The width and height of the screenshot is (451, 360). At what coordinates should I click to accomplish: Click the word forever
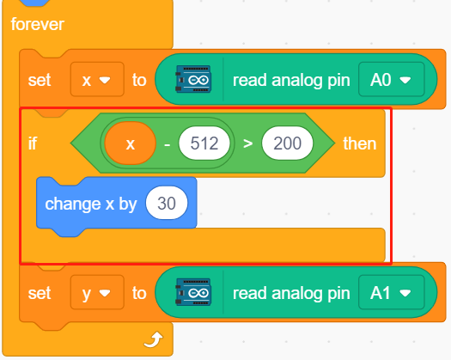point(38,24)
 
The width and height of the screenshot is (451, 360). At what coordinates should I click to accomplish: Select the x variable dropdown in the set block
point(97,79)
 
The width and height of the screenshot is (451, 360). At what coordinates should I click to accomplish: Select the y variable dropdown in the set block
point(97,292)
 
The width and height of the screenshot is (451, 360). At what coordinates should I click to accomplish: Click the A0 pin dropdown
point(391,79)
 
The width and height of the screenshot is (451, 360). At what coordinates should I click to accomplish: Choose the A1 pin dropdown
point(391,292)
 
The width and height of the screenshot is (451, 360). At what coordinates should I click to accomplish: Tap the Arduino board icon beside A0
point(193,79)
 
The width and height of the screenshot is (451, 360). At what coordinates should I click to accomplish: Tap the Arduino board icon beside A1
point(193,292)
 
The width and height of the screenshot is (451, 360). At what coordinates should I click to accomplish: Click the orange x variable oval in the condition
point(131,143)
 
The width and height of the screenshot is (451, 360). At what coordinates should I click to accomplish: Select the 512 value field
point(204,143)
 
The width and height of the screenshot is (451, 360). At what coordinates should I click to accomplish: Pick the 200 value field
point(287,143)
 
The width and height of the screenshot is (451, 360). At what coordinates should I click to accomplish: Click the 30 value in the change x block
point(167,203)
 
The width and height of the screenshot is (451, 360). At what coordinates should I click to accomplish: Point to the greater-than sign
point(247,143)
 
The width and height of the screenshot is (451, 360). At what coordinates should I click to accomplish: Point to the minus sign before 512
point(168,143)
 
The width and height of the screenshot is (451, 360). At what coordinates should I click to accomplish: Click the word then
point(360,143)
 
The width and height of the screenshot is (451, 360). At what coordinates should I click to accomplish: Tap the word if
point(33,143)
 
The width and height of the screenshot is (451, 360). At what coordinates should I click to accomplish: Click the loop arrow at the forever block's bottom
point(154,339)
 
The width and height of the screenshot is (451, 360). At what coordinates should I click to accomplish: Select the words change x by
point(91,204)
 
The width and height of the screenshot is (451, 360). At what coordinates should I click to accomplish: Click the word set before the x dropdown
point(40,80)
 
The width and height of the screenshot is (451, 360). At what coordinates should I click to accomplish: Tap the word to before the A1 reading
point(139,293)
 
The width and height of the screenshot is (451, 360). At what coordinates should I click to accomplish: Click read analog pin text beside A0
point(291,80)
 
